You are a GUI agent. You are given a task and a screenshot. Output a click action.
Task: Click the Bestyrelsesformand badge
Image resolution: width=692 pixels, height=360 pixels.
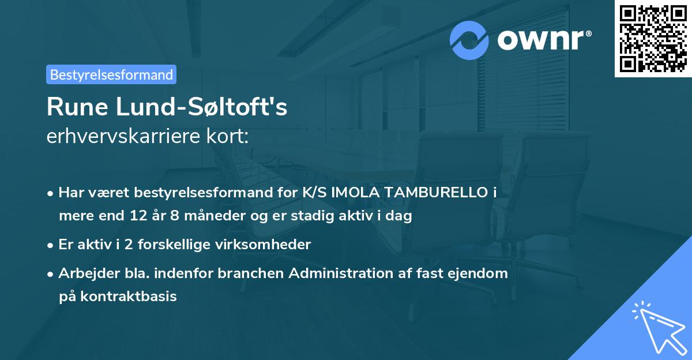tap(111, 74)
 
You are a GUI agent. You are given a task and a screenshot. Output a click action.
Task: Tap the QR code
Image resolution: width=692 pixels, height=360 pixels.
tap(653, 39)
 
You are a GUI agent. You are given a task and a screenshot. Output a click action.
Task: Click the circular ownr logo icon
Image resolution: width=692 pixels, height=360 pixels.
tap(469, 40)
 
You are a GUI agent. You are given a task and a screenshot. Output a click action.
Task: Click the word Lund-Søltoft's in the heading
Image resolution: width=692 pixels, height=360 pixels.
tap(201, 107)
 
